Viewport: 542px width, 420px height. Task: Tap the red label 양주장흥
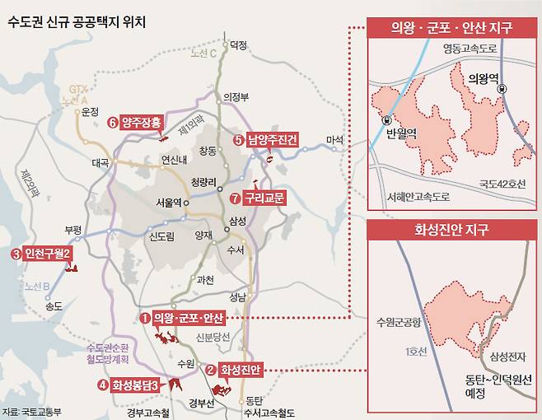pos(142,123)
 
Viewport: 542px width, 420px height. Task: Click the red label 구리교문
pos(257,198)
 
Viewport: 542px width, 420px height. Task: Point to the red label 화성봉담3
pos(135,384)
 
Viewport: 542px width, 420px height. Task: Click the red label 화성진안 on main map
pos(240,371)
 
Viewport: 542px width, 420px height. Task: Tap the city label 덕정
pos(238,44)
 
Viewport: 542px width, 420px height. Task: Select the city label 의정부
pos(236,96)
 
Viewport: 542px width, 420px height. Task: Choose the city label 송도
pos(54,306)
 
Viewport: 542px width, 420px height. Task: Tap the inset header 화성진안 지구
pos(452,231)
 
